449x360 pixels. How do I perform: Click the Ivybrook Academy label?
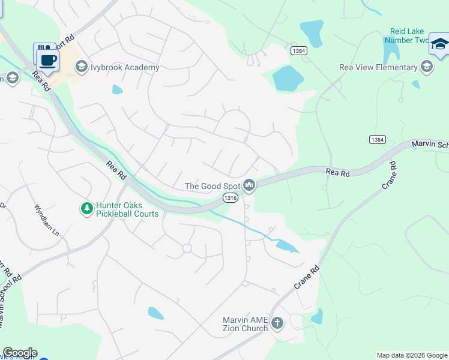tap(125, 67)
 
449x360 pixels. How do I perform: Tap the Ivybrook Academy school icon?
tap(82, 67)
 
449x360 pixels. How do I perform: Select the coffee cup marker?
tap(47, 59)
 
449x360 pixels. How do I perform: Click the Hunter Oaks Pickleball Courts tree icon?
tap(87, 208)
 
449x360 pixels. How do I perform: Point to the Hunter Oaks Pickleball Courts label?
tap(127, 209)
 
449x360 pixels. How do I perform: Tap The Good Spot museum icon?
tap(250, 186)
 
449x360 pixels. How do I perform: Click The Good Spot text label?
tap(212, 186)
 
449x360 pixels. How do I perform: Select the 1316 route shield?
tap(231, 197)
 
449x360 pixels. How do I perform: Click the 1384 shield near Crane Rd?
tap(377, 139)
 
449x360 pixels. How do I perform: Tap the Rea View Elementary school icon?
tap(427, 67)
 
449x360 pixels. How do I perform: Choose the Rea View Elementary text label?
tap(378, 68)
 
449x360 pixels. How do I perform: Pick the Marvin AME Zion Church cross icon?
tap(277, 323)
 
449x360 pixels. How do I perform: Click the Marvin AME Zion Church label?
tap(246, 323)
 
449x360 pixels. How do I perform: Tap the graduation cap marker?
tap(439, 46)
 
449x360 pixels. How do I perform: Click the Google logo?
tap(19, 353)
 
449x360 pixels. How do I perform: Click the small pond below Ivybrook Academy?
tap(117, 90)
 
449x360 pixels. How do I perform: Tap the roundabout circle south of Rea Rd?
tap(187, 248)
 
